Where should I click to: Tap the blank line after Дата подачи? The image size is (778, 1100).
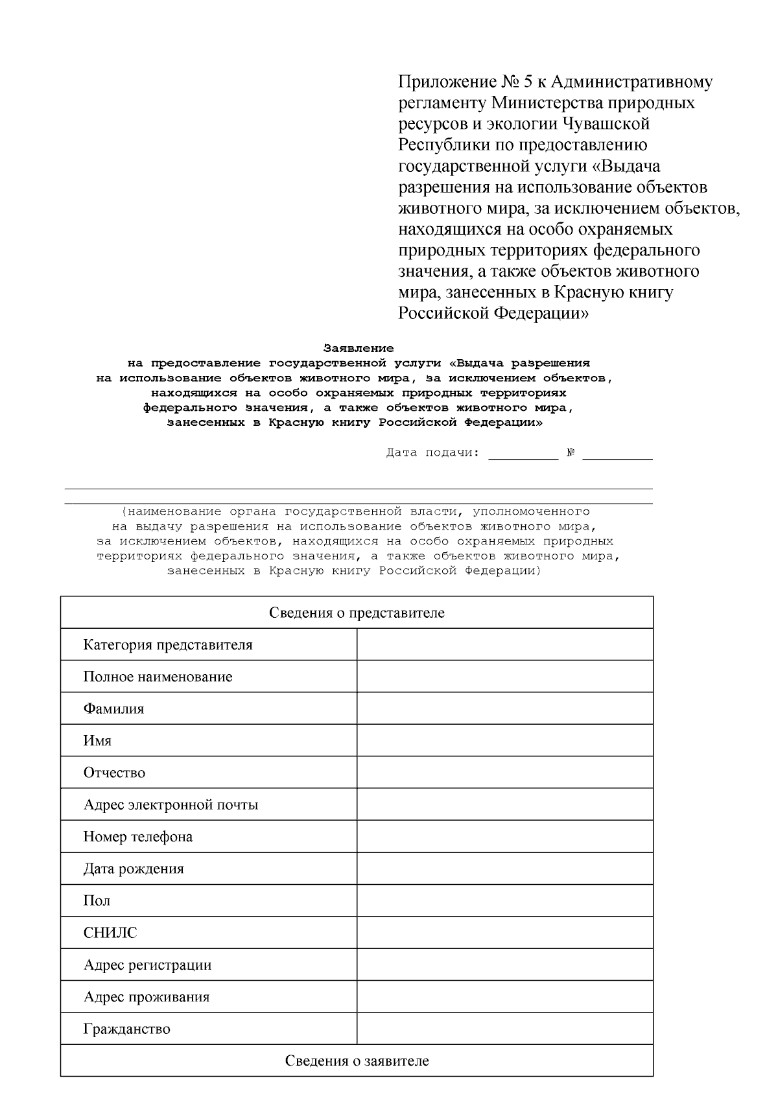coord(523,454)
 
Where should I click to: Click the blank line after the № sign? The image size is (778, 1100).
coord(617,454)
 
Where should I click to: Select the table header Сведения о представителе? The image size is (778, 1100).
coord(357,613)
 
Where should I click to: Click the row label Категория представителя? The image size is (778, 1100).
coord(168,645)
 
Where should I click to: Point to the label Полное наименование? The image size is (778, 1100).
coord(158,677)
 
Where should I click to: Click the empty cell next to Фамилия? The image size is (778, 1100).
coord(504,708)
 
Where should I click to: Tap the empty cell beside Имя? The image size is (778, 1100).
coord(504,740)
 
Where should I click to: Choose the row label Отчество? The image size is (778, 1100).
coord(114,773)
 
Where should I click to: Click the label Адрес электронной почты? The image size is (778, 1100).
coord(171,805)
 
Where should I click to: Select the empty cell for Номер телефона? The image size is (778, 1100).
coord(504,837)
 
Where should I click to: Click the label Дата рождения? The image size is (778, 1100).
coord(134,869)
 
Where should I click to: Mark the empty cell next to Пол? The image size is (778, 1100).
coord(504,900)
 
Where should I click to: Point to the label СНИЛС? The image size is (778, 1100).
coord(110,933)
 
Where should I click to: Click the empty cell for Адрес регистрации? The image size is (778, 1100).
coord(504,965)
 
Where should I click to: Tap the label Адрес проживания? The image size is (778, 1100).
coord(147,997)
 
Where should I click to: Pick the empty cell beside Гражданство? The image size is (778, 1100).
coord(504,1029)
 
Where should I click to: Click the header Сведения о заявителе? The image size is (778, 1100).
coord(357,1061)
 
